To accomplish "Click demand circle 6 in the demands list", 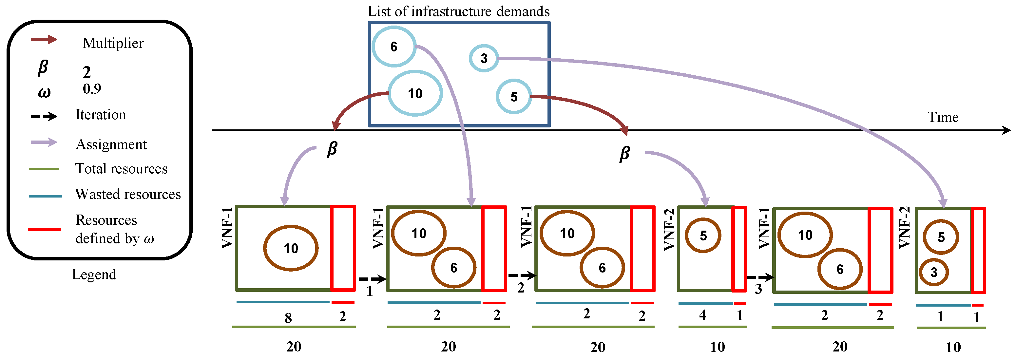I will [x=393, y=47].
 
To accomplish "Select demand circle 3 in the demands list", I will [x=484, y=58].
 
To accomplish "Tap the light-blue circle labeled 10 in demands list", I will [x=415, y=93].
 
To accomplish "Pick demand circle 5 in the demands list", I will [x=513, y=97].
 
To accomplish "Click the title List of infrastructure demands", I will [x=458, y=11].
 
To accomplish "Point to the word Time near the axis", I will [x=943, y=117].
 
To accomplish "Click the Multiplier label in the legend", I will [x=113, y=43].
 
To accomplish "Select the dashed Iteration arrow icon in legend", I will [x=44, y=116].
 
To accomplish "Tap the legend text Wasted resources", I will [x=128, y=194].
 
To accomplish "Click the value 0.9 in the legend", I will [x=92, y=89].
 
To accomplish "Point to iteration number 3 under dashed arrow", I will [x=758, y=289].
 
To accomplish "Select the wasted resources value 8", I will [x=288, y=318].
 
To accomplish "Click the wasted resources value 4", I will [x=703, y=315].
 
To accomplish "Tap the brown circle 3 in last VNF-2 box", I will [x=933, y=272].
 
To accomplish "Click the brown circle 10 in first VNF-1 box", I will [x=291, y=248].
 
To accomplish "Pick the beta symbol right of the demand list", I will [x=624, y=153].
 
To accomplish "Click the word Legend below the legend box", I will [x=94, y=274].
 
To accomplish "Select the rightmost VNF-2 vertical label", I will [x=904, y=228].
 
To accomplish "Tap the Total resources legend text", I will [x=121, y=169].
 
